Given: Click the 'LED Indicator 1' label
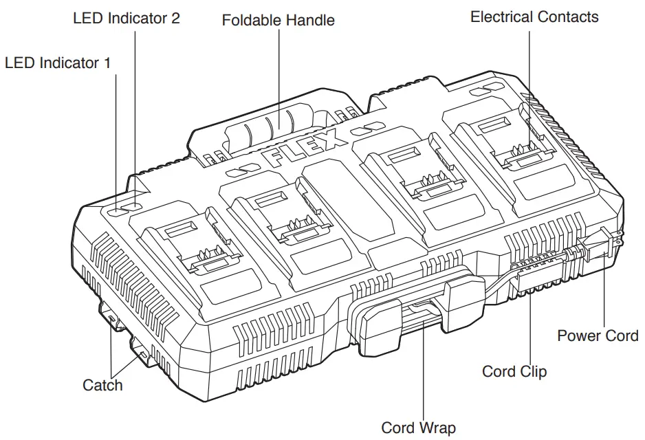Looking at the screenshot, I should pyautogui.click(x=57, y=63).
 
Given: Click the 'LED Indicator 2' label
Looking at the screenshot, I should pyautogui.click(x=127, y=18).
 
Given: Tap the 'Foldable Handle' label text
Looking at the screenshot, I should pyautogui.click(x=278, y=20).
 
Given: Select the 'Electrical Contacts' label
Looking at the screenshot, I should pyautogui.click(x=534, y=17).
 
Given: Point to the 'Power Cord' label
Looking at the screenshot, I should pyautogui.click(x=597, y=335).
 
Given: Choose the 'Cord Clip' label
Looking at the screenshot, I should pyautogui.click(x=514, y=371).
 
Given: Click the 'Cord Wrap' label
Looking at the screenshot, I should pyautogui.click(x=419, y=428).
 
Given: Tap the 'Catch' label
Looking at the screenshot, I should pyautogui.click(x=102, y=384).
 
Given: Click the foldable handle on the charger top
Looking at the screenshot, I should pyautogui.click(x=275, y=127).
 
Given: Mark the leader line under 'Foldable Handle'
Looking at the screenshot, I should pyautogui.click(x=278, y=76).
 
